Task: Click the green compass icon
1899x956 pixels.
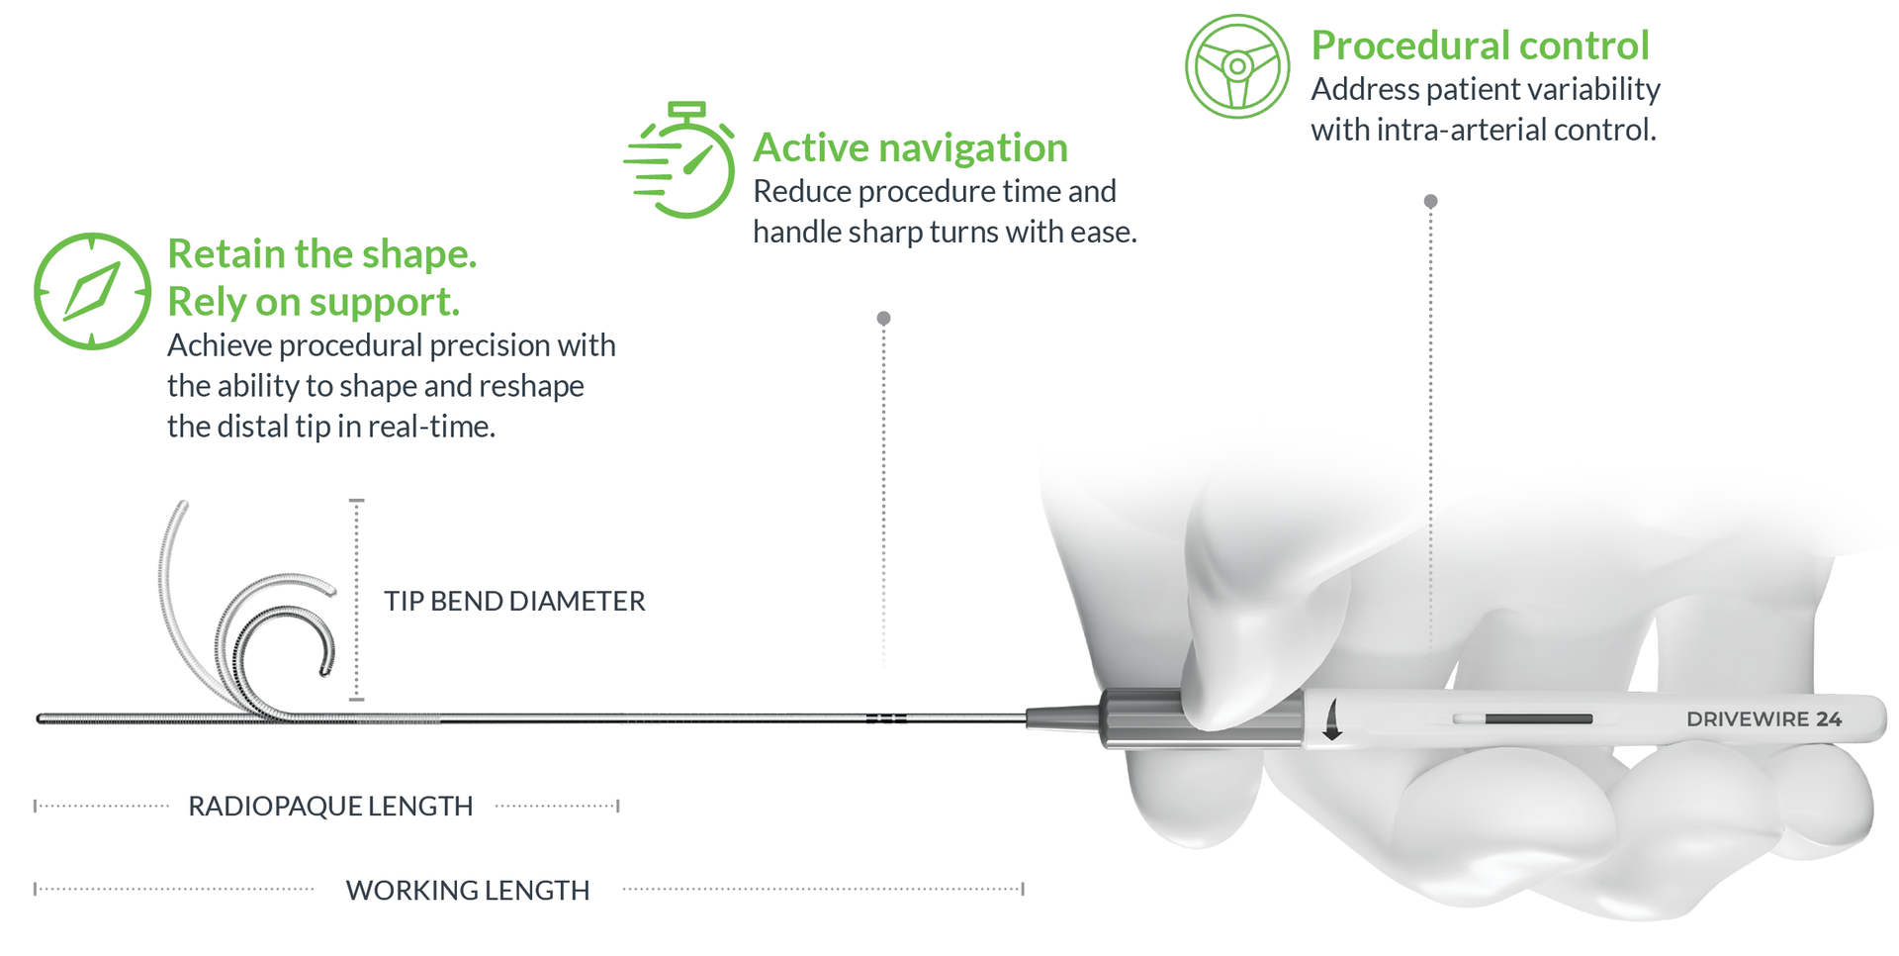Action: [x=92, y=291]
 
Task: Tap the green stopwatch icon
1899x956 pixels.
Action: [x=680, y=159]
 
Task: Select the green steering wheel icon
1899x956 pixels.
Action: [x=1237, y=66]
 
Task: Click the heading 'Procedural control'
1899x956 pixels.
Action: [x=1480, y=46]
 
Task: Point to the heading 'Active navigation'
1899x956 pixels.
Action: [x=910, y=148]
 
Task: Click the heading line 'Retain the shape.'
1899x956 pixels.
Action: [x=322, y=254]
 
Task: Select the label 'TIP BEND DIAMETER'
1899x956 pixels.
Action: [x=514, y=601]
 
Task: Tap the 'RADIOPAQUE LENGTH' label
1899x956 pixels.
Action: [x=330, y=807]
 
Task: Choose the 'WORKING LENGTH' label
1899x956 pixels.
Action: [x=467, y=891]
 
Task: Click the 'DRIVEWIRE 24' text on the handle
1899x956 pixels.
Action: [x=1763, y=719]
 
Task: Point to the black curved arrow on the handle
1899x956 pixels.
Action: [x=1332, y=719]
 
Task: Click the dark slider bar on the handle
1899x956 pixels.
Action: [x=1538, y=718]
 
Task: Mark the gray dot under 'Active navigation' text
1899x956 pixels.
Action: [x=883, y=318]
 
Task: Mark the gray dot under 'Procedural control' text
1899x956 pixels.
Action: [x=1430, y=201]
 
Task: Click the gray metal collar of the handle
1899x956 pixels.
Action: [x=1137, y=718]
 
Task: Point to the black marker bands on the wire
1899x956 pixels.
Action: [x=886, y=718]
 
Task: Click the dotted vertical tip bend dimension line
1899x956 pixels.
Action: [x=357, y=600]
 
